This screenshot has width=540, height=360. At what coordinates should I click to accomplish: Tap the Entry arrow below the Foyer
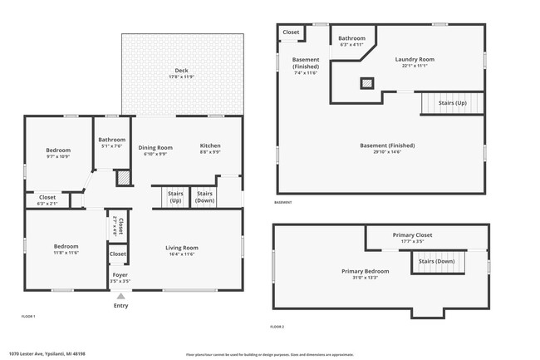(x=121, y=296)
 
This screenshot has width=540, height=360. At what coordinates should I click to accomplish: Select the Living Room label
(x=182, y=247)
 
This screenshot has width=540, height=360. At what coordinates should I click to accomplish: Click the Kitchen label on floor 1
(x=210, y=146)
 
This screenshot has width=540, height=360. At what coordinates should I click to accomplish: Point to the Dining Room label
(x=155, y=146)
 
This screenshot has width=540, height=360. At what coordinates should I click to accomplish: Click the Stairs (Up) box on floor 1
(x=175, y=197)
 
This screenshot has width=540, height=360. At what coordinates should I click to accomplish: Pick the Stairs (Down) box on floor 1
(x=205, y=197)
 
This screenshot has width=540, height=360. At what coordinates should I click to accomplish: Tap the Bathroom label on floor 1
(x=111, y=140)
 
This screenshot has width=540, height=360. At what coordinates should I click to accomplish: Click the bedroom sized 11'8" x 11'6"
(x=66, y=247)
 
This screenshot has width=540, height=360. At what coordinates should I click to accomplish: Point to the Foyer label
(x=120, y=274)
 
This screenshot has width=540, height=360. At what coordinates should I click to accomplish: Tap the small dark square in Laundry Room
(x=366, y=82)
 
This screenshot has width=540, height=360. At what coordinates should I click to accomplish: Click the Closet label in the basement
(x=291, y=32)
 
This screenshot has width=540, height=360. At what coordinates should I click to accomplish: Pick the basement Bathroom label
(x=351, y=38)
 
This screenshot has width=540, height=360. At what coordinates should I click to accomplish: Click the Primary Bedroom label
(x=365, y=271)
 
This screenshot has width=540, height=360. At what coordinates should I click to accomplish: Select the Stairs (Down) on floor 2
(x=436, y=262)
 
